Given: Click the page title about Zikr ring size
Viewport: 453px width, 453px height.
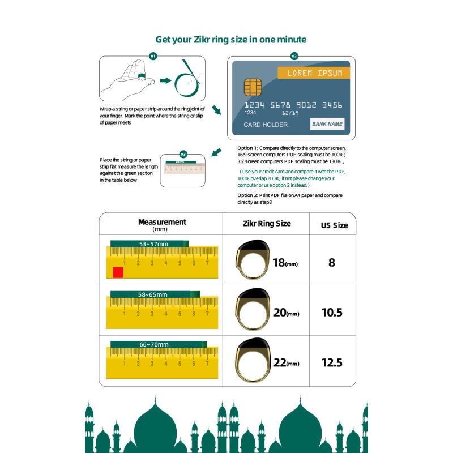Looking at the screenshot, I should coord(231,39).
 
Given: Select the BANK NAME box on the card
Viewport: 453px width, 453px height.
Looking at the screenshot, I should coord(327,123).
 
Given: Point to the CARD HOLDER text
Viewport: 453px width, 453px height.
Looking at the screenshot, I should coord(266,125).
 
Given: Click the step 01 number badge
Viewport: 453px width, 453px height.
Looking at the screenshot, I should coord(153,56).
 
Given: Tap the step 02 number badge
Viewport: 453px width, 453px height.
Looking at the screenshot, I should coord(294,56).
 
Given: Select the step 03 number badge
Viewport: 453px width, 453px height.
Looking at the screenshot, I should coord(183,154).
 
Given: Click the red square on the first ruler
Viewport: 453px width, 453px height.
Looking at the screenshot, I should coord(118,272).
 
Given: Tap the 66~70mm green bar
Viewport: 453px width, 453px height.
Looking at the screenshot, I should coord(158,344).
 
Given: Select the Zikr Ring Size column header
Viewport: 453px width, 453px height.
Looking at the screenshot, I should coord(266,224).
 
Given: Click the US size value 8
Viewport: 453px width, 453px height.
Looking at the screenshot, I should coord(332,263).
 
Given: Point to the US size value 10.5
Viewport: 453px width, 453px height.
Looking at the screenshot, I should coord(332,313).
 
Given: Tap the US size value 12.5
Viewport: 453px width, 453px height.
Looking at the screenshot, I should coord(332,363).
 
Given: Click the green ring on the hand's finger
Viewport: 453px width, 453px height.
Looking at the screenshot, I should coord(142,76).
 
